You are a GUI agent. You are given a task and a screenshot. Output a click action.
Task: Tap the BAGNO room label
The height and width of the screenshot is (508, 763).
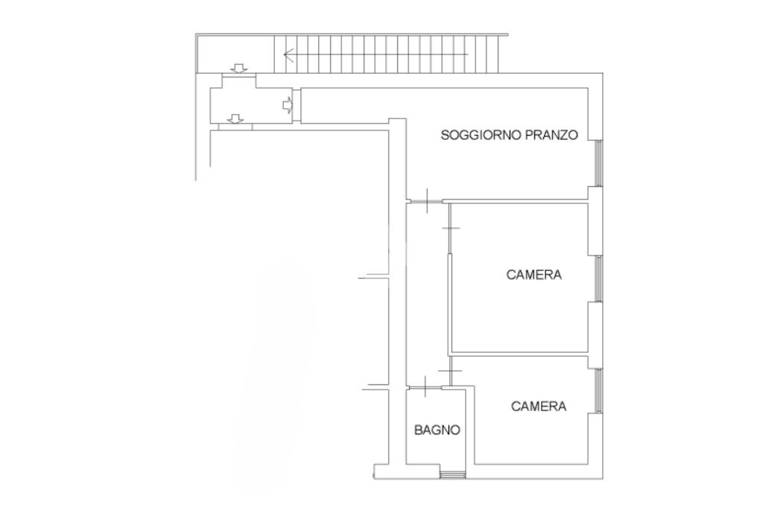(437, 430)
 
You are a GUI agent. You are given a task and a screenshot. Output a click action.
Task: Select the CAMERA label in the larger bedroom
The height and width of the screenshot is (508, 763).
(534, 275)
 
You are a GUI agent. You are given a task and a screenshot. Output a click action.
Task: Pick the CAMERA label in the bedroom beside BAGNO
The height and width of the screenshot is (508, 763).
(539, 406)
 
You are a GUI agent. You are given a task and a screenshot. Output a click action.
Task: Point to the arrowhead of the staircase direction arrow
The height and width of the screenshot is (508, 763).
(288, 54)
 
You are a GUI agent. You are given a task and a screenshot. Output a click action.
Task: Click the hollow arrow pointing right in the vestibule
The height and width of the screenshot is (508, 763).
(288, 104)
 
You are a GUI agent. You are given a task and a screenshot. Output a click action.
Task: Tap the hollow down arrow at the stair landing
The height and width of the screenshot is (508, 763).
(238, 69)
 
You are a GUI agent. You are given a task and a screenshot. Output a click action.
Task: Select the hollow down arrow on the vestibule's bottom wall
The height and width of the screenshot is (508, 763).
(236, 118)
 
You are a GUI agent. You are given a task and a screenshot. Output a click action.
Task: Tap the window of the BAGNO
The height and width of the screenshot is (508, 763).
(452, 475)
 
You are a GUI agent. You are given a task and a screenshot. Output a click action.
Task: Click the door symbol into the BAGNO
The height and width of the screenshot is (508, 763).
(425, 388)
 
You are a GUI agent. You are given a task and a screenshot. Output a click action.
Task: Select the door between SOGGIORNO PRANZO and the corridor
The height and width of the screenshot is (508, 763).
(425, 201)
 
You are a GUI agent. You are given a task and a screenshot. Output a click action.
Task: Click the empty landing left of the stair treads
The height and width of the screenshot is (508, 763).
(235, 54)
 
